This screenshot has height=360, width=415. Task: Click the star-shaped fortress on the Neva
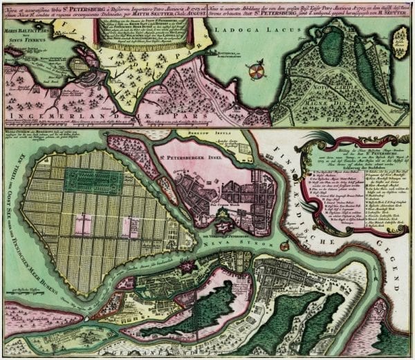click(226, 222)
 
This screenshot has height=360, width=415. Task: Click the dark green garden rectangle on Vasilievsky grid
click(93, 180)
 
